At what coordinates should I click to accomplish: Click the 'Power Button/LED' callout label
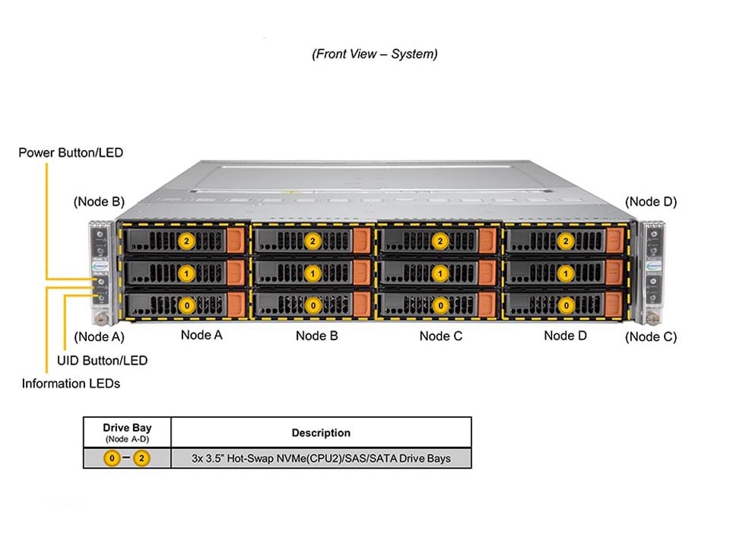tap(71, 153)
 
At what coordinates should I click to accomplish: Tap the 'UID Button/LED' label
tap(102, 360)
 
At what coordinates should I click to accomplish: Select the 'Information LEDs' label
tap(71, 384)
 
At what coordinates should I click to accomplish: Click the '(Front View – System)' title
tap(374, 54)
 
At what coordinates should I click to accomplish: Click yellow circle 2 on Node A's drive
tap(186, 241)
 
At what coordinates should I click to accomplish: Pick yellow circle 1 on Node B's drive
tap(313, 272)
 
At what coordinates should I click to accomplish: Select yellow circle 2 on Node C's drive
tap(439, 241)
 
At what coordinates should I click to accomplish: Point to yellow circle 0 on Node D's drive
tap(566, 305)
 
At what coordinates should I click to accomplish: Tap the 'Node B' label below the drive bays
tap(317, 336)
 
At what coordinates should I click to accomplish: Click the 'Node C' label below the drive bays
tap(440, 336)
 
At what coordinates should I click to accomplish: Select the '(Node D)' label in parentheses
tap(651, 202)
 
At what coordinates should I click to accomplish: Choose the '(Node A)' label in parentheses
tap(99, 336)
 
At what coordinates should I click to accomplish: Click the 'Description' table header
tap(321, 433)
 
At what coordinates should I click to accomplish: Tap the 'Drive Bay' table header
tap(127, 429)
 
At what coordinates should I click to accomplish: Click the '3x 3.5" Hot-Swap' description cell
tap(321, 458)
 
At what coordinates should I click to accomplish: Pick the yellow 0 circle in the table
tap(112, 459)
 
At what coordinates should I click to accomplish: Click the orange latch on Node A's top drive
tap(236, 241)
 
